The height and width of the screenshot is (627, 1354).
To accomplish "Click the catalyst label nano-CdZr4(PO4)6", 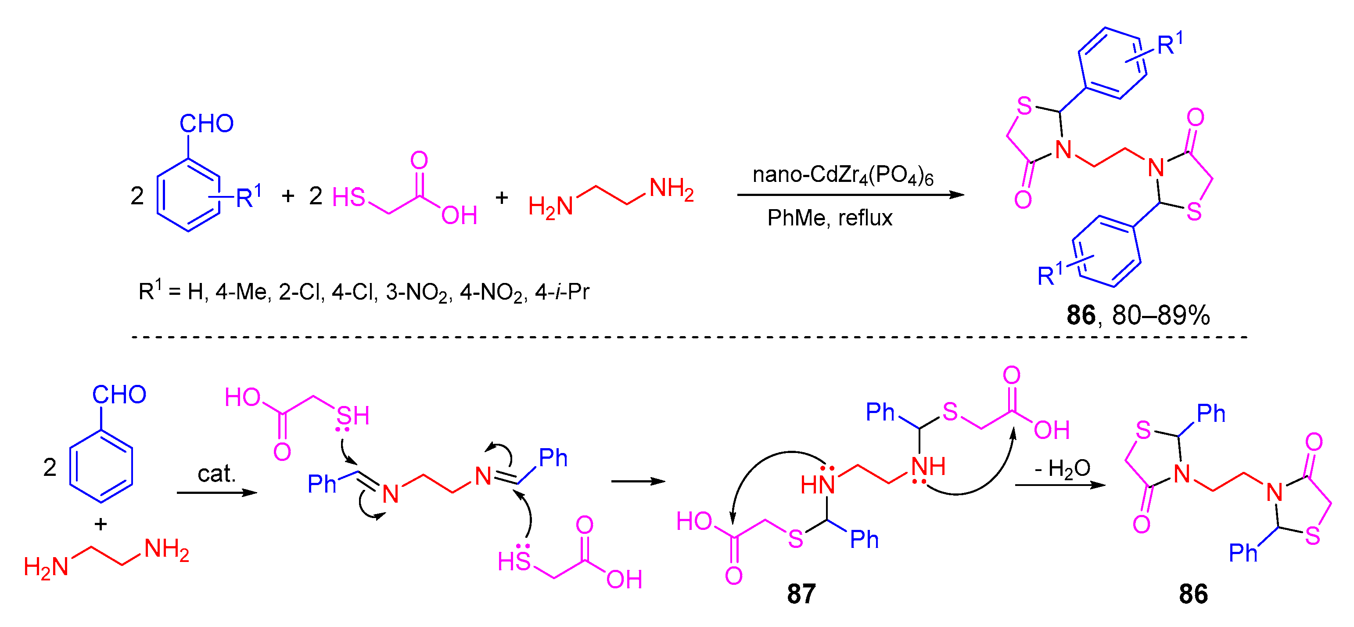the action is (843, 176).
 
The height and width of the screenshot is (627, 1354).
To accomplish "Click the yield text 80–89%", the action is (1160, 315).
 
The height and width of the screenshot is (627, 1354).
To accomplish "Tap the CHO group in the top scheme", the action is (207, 123).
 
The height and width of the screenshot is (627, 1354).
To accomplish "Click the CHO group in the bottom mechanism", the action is (119, 395).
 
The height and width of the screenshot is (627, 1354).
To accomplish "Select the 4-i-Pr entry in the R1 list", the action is (562, 291).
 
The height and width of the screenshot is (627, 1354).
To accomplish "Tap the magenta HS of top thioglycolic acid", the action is (348, 198).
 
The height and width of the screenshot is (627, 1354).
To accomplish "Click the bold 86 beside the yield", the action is (1081, 315).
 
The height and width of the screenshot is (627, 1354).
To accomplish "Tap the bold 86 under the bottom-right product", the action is (1193, 594).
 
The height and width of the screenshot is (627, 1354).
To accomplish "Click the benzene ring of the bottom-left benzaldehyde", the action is (101, 466).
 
